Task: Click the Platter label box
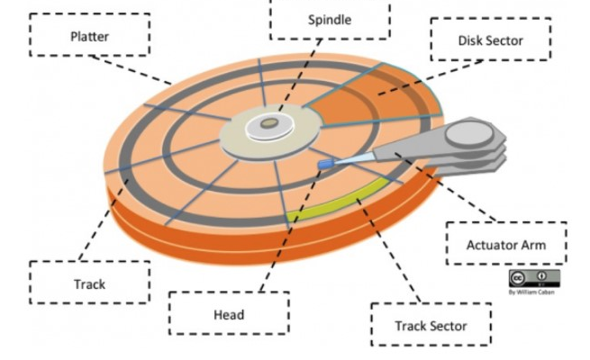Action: [x=89, y=36]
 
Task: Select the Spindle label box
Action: [x=330, y=18]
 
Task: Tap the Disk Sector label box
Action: [x=490, y=40]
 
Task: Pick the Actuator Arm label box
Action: [x=506, y=244]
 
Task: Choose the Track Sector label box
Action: [x=431, y=326]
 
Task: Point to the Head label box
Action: [x=229, y=314]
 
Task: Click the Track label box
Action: [x=89, y=283]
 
